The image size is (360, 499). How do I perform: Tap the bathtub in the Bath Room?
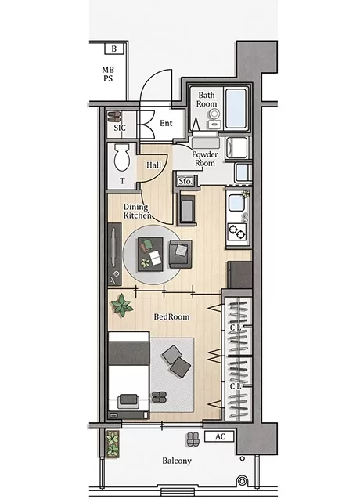point(236,108)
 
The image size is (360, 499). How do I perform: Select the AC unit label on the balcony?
point(219,436)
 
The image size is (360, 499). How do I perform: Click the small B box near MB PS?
point(113,49)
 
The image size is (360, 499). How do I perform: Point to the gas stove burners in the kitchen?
point(237,232)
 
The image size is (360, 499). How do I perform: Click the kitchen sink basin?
point(236,203)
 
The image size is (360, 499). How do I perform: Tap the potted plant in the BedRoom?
point(121,306)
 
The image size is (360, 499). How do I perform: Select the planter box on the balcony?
point(113,444)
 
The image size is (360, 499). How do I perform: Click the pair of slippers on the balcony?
point(192,439)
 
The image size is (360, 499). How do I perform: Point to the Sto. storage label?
point(185,182)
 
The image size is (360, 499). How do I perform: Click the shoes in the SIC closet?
point(113,117)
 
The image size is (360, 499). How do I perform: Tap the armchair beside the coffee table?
point(180,254)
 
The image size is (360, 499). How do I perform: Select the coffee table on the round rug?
point(150,255)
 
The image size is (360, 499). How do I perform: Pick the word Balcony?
point(177,461)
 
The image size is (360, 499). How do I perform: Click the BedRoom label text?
point(171,316)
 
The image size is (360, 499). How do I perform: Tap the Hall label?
point(153,165)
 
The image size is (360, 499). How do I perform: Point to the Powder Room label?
point(205,159)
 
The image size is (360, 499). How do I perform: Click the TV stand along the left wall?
point(114,254)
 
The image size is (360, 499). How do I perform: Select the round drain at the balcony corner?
point(242,480)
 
